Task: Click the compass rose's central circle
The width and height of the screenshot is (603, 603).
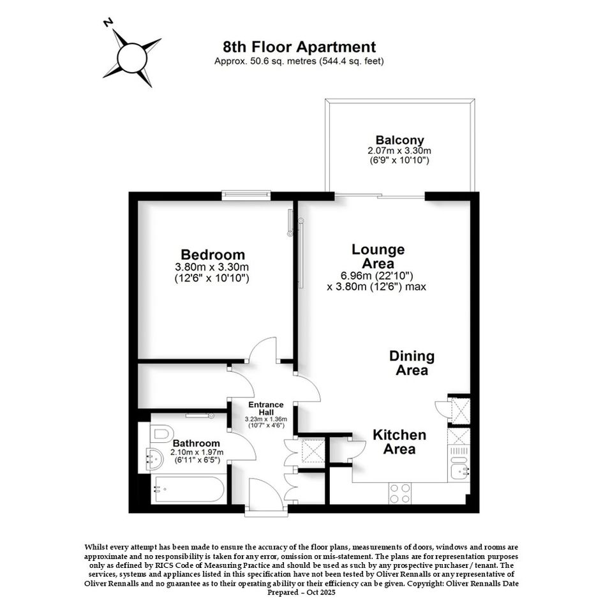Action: pos(132,57)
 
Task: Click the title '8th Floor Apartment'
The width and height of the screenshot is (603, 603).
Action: pos(299,47)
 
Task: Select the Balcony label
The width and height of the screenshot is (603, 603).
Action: pos(399,140)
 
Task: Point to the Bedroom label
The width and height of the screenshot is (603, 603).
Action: pos(212,255)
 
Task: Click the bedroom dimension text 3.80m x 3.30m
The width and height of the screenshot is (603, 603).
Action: pos(212,267)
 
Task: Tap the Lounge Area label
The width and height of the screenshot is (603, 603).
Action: pos(378,257)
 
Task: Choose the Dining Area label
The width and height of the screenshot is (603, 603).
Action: pos(412,362)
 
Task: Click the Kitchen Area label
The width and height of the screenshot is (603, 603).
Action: pos(399,442)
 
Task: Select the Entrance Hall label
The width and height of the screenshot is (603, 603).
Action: pos(265,408)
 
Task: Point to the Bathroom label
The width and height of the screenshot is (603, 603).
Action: pos(196,443)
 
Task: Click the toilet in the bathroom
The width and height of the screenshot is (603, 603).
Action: pos(159,434)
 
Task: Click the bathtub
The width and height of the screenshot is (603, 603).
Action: pos(188,489)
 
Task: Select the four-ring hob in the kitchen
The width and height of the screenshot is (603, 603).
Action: pos(399,493)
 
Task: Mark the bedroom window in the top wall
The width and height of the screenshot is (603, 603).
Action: pos(246,195)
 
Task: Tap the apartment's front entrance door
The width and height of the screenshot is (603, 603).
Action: pos(265,495)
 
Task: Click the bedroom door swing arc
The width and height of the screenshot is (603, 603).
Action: pos(261,346)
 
